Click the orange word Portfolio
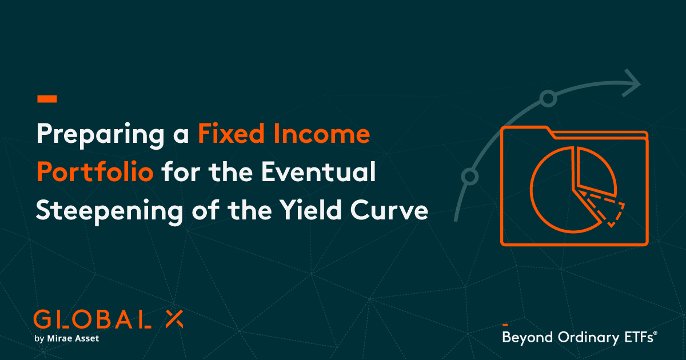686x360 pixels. click(95, 173)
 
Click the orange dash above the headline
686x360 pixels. click(47, 99)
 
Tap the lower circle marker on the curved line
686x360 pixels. click(469, 176)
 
